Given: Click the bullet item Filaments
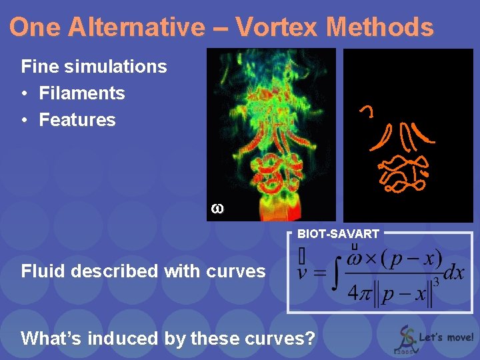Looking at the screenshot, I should tap(82, 93).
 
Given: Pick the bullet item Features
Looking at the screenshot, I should tap(77, 120).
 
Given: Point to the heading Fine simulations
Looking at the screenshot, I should tap(94, 67).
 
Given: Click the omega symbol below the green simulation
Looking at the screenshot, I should tap(217, 209).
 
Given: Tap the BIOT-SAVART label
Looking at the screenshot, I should tap(338, 234).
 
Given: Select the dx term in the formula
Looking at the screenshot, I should tap(453, 273).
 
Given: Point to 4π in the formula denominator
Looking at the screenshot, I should tap(361, 293).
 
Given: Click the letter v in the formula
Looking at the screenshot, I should tap(303, 274).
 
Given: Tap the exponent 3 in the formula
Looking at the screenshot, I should tap(435, 282).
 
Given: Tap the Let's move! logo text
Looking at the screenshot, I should tap(447, 337).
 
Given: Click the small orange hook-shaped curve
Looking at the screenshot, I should tap(367, 111).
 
